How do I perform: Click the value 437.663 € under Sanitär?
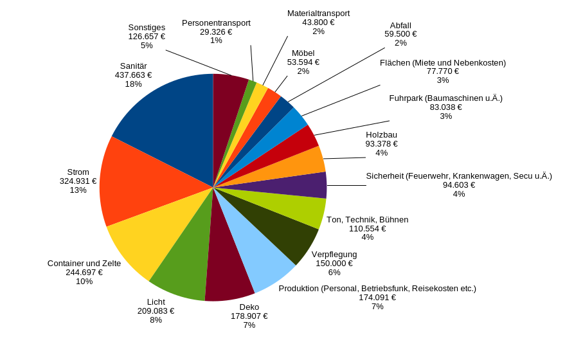[133, 75]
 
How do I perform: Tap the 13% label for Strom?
[78, 190]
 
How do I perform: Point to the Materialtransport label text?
[318, 13]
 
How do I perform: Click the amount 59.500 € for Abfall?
[400, 34]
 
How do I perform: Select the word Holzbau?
[381, 134]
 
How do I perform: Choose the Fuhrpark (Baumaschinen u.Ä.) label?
[445, 98]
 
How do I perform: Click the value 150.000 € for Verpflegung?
[334, 263]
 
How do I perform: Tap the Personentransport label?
[216, 22]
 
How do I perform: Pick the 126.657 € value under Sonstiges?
[147, 37]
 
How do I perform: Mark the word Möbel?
[303, 53]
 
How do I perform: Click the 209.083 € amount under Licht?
[156, 310]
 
